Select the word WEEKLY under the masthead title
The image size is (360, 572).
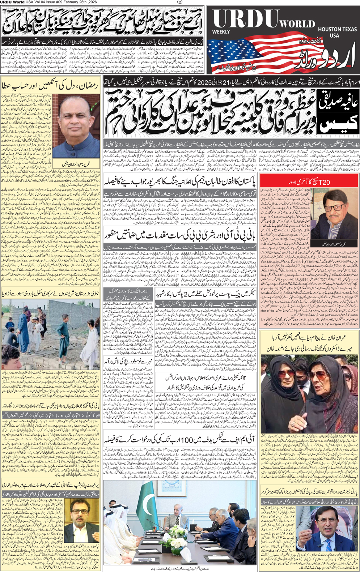(221, 32)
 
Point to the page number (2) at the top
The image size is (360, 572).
(180, 2)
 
